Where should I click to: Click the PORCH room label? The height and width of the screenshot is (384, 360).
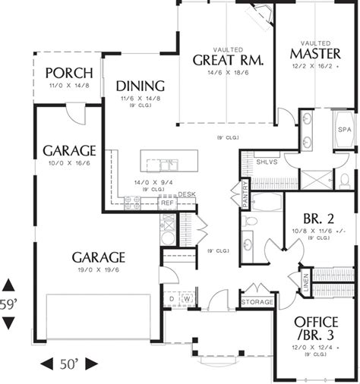click(68, 73)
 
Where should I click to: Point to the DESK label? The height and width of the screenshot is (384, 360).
click(187, 194)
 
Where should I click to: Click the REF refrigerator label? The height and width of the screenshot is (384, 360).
click(166, 203)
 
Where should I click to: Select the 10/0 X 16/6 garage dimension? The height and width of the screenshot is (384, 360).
click(68, 163)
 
